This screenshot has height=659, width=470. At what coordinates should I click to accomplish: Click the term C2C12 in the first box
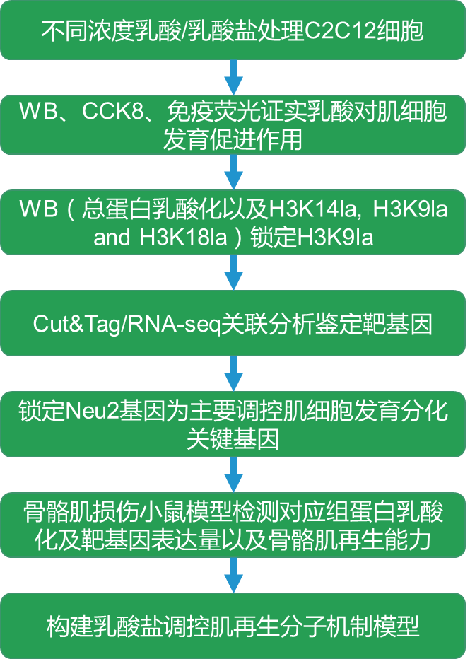pos(342,32)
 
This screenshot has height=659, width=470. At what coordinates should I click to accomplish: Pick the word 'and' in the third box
pos(112,237)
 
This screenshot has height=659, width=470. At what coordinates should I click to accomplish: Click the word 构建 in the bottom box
pos(68,626)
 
